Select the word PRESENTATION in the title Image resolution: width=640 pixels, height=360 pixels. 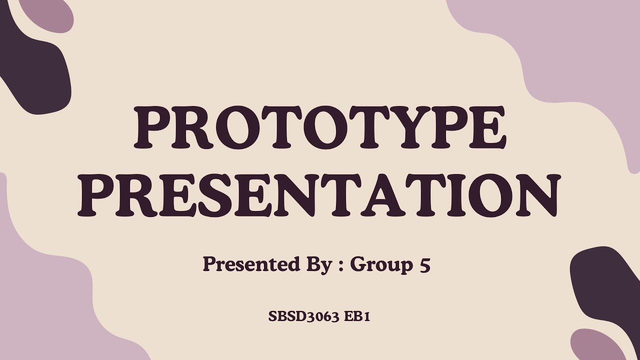pyautogui.click(x=320, y=197)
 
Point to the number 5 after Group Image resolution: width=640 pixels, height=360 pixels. pyautogui.click(x=424, y=264)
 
